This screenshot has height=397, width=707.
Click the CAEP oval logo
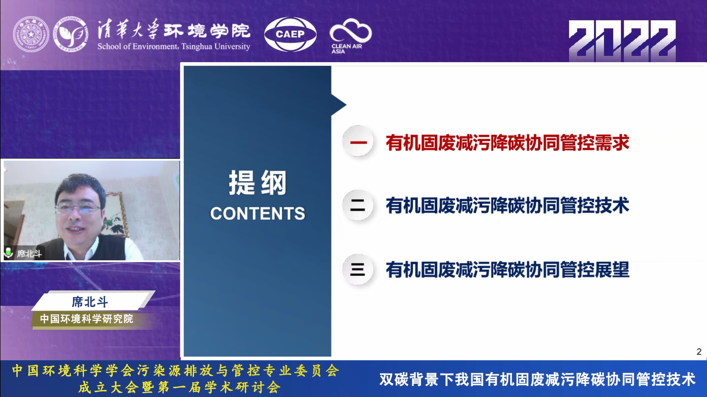point(290,34)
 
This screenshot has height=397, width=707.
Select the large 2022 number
point(622,41)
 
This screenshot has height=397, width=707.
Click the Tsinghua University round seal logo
point(31,34)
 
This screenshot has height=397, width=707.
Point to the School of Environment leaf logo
point(71,34)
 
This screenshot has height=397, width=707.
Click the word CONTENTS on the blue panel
point(257,213)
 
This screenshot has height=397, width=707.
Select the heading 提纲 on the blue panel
point(257,183)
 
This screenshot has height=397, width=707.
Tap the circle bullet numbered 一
point(358,143)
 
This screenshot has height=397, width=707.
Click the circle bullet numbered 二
point(358,206)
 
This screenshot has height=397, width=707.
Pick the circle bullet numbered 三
point(358,270)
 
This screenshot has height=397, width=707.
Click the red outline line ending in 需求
point(507,143)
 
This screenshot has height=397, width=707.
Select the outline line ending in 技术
point(507,206)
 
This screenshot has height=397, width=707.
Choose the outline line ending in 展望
point(507,270)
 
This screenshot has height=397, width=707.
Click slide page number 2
point(699,352)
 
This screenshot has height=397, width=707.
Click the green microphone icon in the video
point(8,253)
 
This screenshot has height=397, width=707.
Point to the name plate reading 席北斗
point(90,302)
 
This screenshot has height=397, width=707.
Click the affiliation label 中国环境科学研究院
point(87,319)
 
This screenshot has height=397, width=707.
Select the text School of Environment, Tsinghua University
point(173,46)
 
